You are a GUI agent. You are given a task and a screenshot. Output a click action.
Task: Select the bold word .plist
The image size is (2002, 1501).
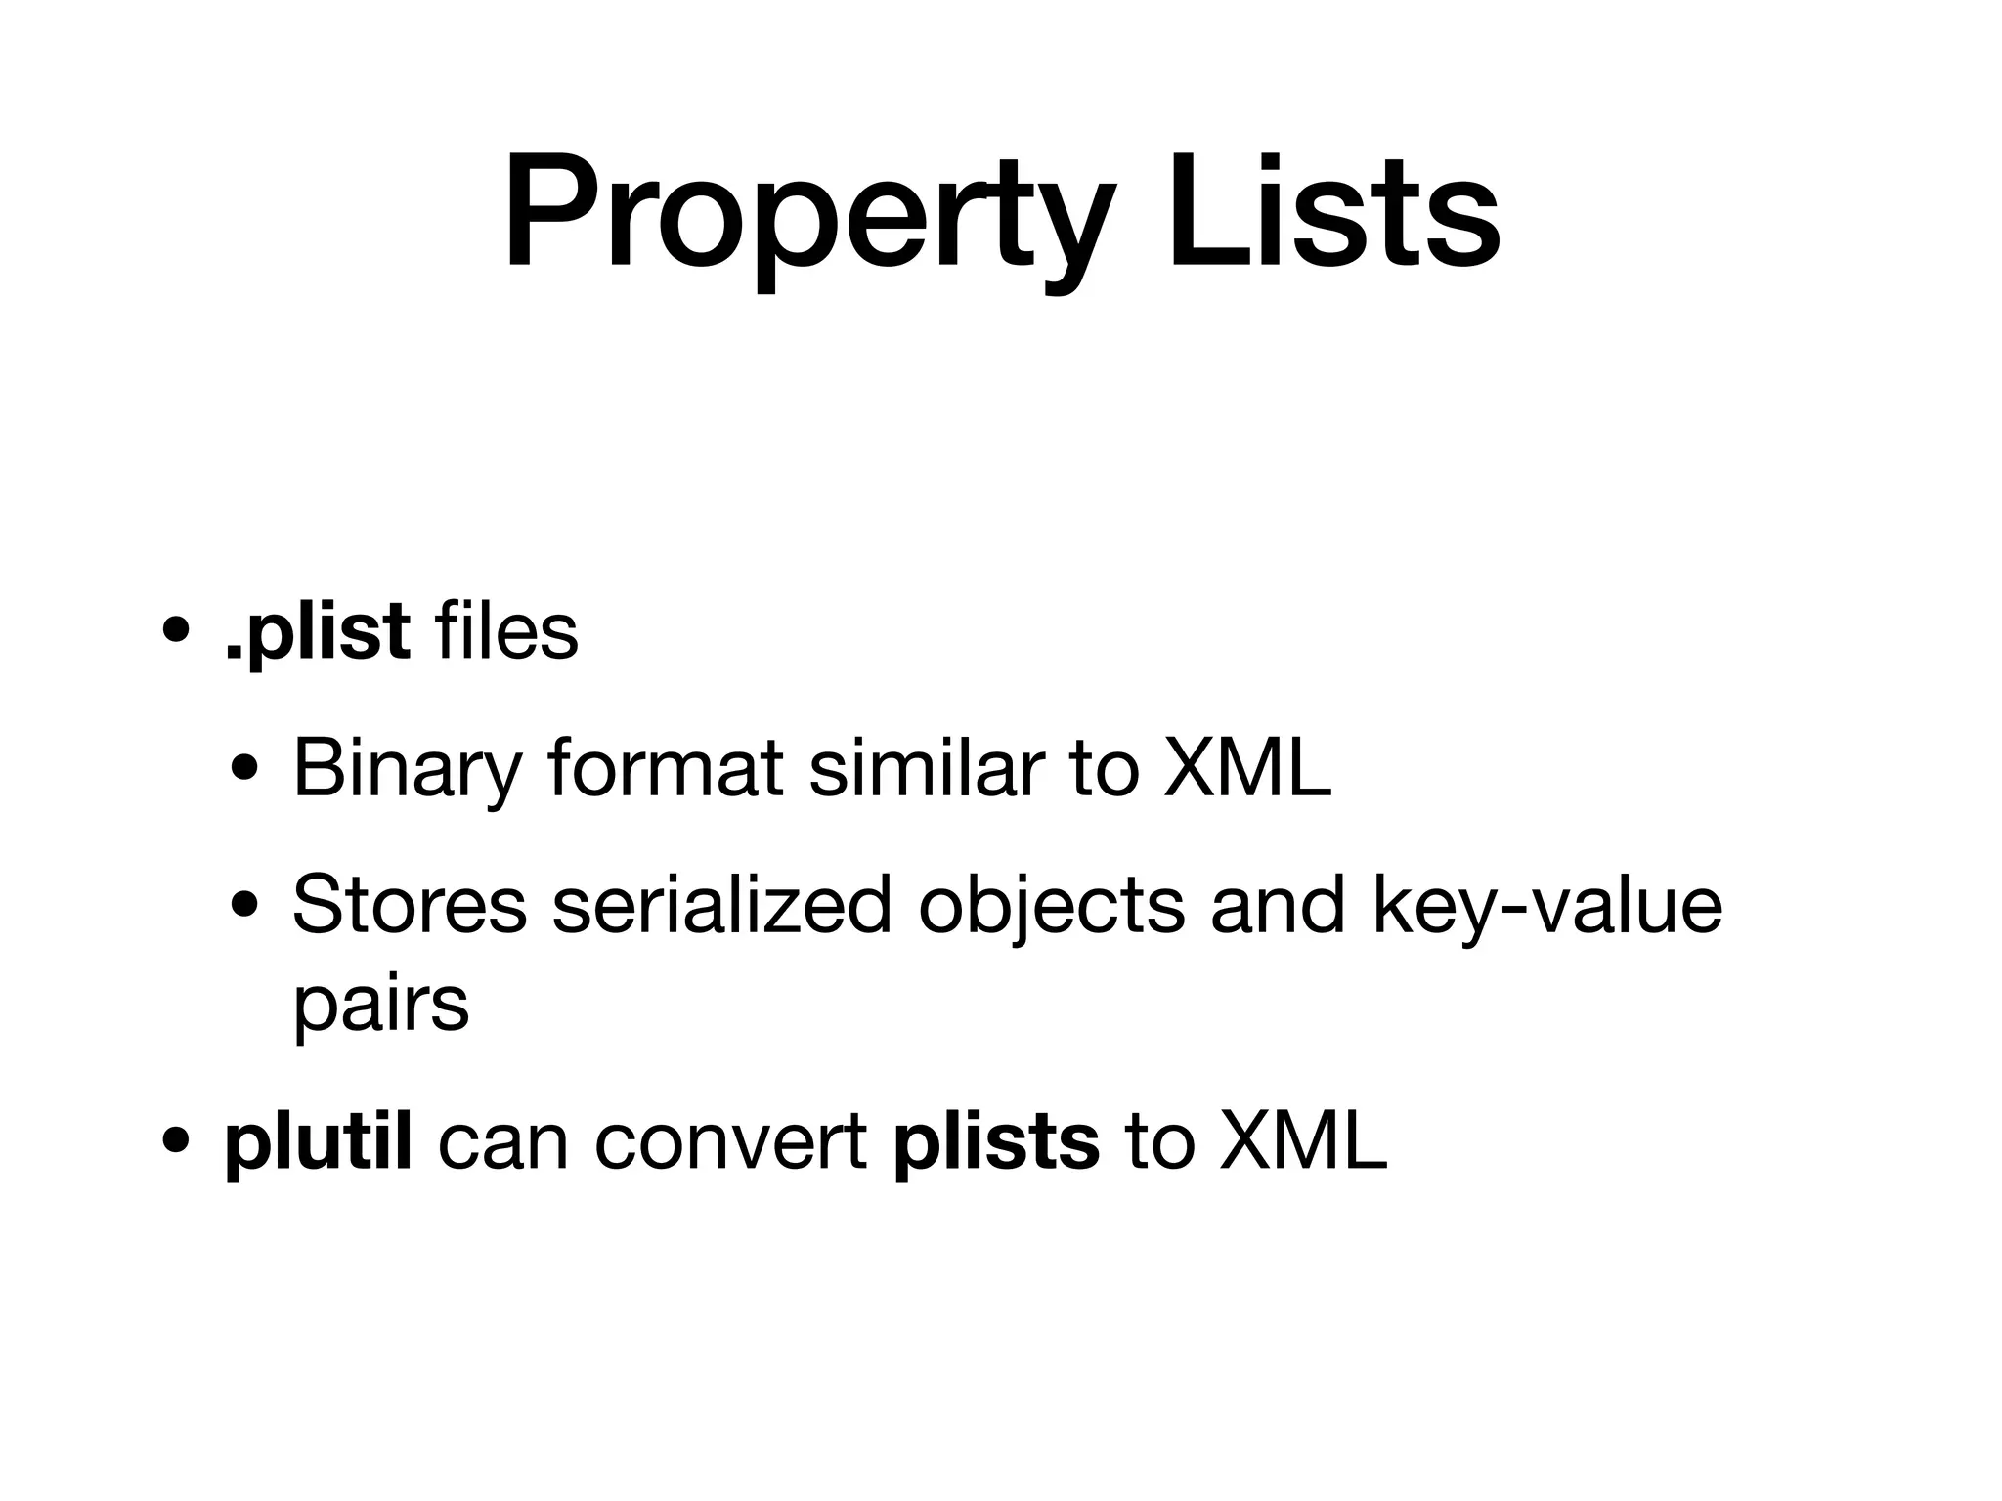[x=317, y=633]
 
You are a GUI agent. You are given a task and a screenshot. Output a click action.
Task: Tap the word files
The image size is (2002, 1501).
[x=508, y=631]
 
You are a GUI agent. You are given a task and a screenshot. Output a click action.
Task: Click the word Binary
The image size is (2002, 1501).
[x=407, y=770]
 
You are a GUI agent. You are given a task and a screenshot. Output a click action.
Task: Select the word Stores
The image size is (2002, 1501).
[x=409, y=905]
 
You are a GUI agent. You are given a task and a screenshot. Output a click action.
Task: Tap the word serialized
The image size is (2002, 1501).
[x=722, y=905]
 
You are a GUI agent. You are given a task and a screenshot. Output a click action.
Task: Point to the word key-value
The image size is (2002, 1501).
[x=1546, y=907]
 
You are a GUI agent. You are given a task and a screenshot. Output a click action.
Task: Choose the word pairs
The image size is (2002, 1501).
[x=381, y=1007]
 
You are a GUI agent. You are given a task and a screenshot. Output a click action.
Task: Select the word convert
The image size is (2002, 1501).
[x=730, y=1143]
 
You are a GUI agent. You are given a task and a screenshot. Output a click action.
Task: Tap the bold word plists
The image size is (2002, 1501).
[x=996, y=1143]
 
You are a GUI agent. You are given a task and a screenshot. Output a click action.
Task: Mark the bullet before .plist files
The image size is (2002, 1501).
[x=178, y=633]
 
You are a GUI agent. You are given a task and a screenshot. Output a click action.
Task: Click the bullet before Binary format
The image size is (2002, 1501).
[x=245, y=770]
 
